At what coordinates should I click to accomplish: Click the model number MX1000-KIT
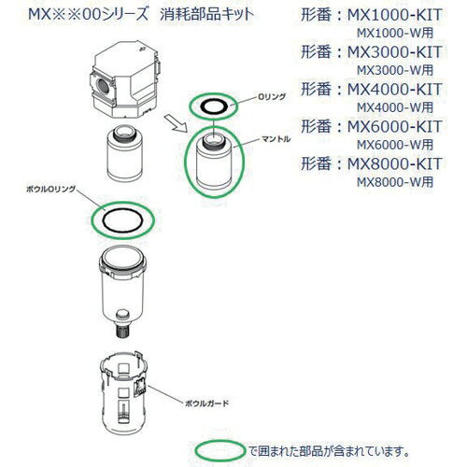coord(394,15)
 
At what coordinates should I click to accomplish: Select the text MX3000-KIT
coord(394,51)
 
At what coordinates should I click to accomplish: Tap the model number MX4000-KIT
coord(394,89)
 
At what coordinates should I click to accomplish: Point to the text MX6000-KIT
coord(394,126)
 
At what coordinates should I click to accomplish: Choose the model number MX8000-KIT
coord(394,163)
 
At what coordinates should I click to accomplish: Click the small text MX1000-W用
coord(395,33)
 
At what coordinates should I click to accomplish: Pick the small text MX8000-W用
coord(395,182)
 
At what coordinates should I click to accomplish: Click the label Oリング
coord(272,97)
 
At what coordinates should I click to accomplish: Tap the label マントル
coord(276,139)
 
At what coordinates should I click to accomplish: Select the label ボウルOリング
coord(50,189)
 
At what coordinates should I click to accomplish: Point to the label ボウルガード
coord(206,403)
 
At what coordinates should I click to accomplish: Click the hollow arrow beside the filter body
coord(176,123)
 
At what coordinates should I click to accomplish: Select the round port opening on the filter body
coord(103,86)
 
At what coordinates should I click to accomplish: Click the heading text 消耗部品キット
coord(206,15)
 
